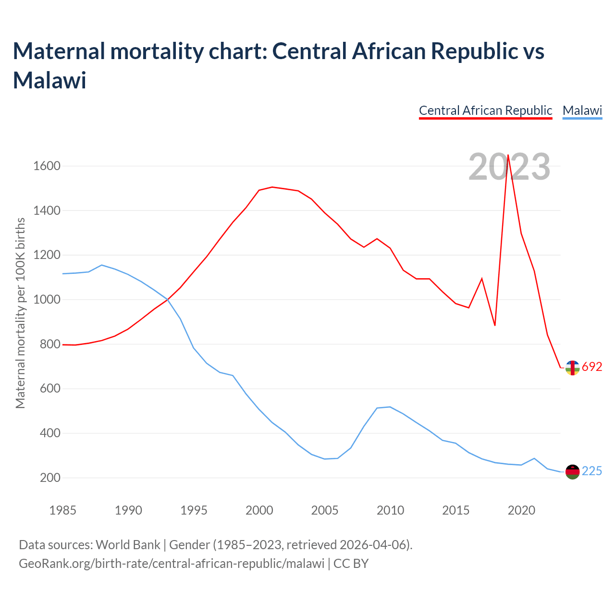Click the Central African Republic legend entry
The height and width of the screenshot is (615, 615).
485,111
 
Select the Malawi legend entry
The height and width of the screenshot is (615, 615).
582,111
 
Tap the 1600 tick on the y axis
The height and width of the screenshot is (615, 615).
47,166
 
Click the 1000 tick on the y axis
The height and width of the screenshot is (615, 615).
47,300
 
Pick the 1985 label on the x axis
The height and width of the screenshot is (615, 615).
62,510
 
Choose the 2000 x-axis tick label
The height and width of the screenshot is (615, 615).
259,510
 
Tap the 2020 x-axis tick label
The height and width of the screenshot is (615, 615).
521,510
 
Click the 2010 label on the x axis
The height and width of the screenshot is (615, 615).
390,510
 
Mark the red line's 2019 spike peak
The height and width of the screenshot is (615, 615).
508,155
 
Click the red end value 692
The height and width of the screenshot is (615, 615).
592,367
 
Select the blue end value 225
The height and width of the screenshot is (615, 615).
592,471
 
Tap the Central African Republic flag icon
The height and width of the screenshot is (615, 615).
572,368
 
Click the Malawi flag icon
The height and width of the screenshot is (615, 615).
572,472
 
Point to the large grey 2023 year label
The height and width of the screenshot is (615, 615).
509,167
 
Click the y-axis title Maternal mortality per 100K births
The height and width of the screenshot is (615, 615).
20,313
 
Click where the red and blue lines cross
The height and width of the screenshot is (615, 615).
167,299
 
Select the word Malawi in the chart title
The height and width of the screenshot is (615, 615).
49,80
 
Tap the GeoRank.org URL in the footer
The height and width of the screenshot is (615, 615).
172,563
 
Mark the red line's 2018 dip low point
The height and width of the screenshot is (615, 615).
495,325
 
